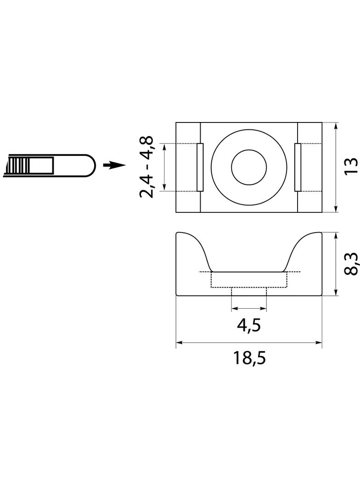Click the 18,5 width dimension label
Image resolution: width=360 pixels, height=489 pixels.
click(x=249, y=358)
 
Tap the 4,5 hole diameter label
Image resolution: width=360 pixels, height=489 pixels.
click(x=249, y=326)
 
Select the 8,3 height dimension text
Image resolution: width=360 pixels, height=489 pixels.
click(x=352, y=264)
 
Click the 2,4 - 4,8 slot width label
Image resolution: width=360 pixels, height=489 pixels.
click(x=147, y=167)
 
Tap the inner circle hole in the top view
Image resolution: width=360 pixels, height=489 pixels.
click(x=249, y=167)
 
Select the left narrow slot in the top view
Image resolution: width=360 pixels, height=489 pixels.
click(x=200, y=167)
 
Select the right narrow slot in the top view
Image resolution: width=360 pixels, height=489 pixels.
click(x=298, y=167)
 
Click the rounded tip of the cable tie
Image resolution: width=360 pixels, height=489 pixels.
click(x=90, y=166)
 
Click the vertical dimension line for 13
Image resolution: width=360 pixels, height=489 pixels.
click(x=336, y=167)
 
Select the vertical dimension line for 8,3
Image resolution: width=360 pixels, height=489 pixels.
click(x=336, y=263)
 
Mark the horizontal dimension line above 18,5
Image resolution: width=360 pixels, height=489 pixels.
click(x=249, y=343)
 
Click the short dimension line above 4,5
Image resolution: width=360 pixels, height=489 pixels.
click(x=249, y=308)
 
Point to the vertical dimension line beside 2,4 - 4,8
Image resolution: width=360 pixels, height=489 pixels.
click(x=164, y=167)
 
